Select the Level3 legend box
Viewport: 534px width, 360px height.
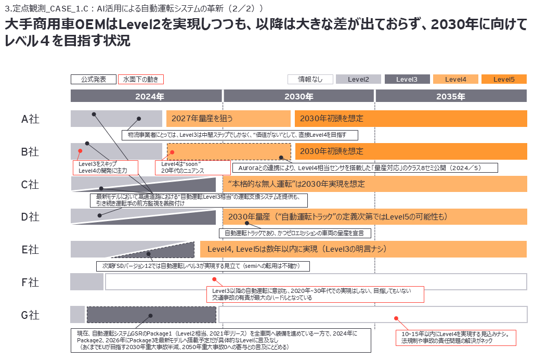pos(407,80)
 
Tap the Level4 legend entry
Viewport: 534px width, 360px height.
pos(455,80)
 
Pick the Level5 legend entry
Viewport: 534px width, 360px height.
pos(504,80)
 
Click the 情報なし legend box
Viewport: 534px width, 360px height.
pos(310,80)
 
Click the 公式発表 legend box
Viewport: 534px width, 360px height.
pos(94,80)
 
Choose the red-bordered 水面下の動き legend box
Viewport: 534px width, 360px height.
pos(141,80)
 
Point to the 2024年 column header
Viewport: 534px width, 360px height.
pos(146,96)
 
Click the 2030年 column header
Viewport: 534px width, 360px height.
pos(298,96)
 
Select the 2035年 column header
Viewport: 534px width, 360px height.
pos(451,96)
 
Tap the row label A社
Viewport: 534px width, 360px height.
pos(30,119)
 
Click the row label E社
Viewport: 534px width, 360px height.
pos(30,250)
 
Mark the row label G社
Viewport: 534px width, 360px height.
pos(30,315)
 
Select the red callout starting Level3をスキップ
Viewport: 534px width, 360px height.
pos(105,168)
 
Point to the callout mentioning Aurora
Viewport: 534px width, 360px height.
pos(364,168)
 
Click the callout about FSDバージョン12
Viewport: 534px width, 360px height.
pos(203,266)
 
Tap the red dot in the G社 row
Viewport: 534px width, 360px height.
pos(396,318)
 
